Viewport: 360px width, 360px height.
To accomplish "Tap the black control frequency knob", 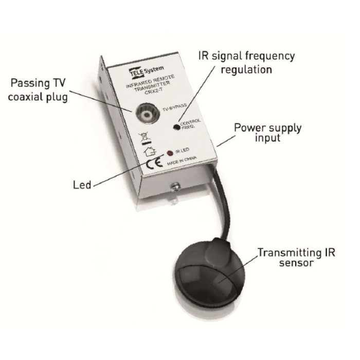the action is [x=176, y=127].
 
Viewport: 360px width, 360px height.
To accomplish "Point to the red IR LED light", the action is [x=170, y=153].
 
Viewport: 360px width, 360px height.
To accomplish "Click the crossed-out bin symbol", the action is [x=144, y=138].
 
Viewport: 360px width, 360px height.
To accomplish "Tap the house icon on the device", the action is [x=150, y=152].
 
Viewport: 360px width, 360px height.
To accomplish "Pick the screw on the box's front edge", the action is [x=175, y=187].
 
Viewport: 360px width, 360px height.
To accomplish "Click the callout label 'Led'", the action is [x=82, y=185].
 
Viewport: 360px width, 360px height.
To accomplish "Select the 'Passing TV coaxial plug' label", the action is [x=38, y=89].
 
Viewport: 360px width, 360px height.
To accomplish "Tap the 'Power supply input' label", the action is [x=267, y=133].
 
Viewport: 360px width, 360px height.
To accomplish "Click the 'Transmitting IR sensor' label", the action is [x=296, y=257].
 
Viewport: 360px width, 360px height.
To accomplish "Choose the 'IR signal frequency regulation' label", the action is [x=246, y=62].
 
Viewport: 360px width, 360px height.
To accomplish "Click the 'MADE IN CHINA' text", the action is [x=182, y=160].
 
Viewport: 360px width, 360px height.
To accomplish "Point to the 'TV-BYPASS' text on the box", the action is [x=175, y=107].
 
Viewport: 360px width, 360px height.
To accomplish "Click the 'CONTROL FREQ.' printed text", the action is [x=190, y=124].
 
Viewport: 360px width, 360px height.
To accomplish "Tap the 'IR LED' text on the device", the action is [x=182, y=151].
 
